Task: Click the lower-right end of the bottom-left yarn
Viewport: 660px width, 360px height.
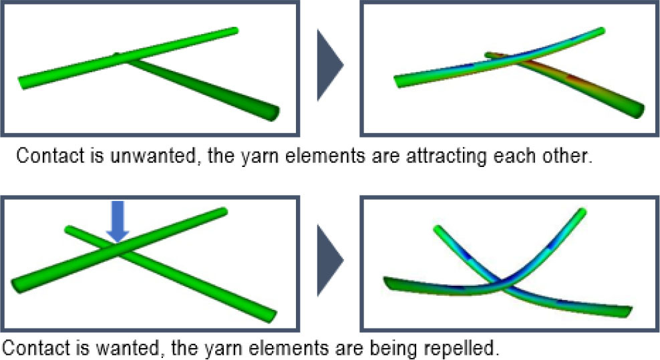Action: [x=269, y=314]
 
